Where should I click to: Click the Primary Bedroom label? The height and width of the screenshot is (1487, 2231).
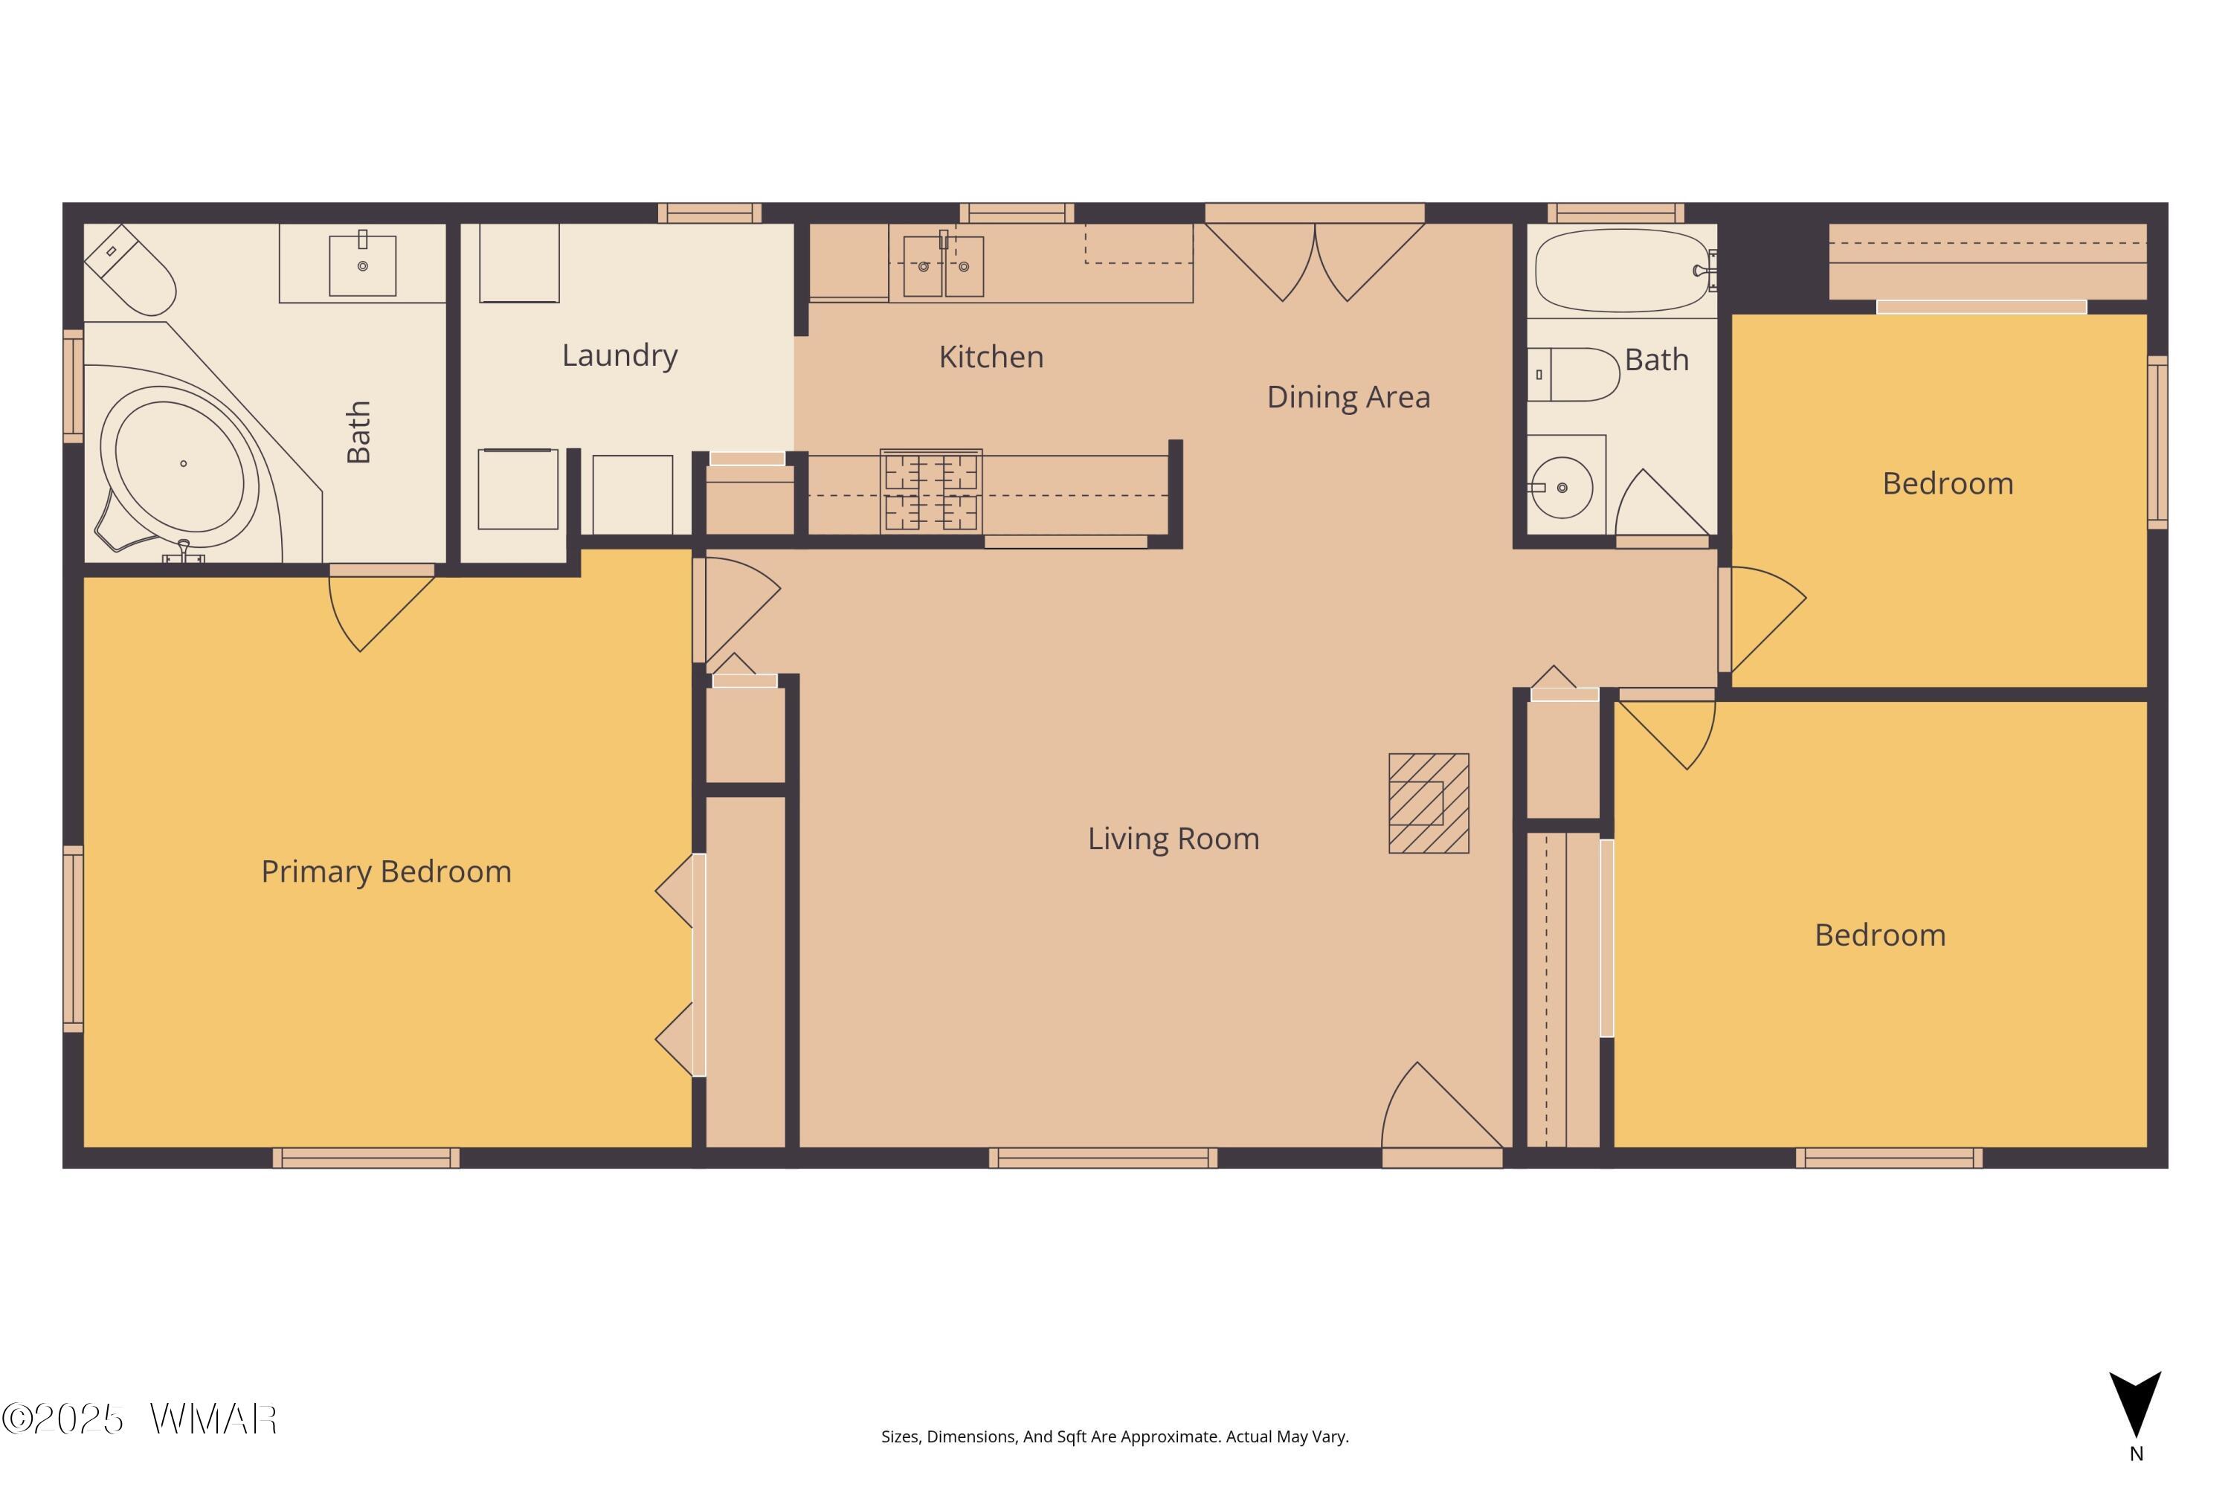click(x=386, y=871)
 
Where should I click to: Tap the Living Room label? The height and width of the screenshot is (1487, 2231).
click(x=1174, y=839)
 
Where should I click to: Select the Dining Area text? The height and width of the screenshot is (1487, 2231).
click(x=1348, y=397)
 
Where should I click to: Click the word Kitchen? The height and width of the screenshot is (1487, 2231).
click(x=991, y=357)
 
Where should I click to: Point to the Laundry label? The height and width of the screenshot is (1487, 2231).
click(x=619, y=355)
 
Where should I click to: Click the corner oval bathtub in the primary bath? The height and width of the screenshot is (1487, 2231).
click(x=180, y=467)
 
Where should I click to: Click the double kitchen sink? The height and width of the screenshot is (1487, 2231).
click(x=943, y=266)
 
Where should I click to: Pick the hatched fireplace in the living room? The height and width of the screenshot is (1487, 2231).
click(x=1429, y=803)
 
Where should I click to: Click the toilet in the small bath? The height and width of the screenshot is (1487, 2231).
click(x=1573, y=375)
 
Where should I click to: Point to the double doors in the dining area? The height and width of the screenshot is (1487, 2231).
click(x=1315, y=262)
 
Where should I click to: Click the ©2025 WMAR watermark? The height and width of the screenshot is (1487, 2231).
click(x=140, y=1419)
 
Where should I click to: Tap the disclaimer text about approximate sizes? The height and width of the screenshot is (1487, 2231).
click(x=1115, y=1436)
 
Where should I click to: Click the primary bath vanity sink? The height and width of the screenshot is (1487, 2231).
click(x=362, y=265)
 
